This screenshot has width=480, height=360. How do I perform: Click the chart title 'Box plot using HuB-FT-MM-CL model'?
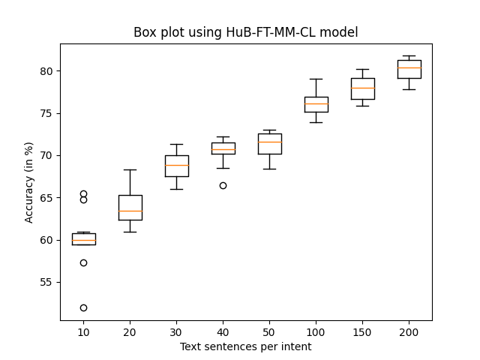click(245, 32)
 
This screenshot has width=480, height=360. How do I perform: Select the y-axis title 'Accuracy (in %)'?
click(30, 182)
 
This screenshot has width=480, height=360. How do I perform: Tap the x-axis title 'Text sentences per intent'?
click(245, 346)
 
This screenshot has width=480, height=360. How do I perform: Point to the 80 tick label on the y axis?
click(46, 71)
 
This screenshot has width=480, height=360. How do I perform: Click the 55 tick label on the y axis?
click(46, 282)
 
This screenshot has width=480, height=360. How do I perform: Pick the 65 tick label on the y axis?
click(46, 198)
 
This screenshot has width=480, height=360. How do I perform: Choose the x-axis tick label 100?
click(316, 331)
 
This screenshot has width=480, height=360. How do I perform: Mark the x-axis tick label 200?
click(409, 331)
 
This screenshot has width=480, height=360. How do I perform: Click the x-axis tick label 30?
click(176, 331)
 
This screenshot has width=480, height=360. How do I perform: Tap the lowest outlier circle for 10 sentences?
click(83, 307)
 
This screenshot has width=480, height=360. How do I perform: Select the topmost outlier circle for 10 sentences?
click(83, 193)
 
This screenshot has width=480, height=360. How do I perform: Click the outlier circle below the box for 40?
click(223, 185)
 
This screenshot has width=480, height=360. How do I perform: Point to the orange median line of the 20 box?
click(130, 211)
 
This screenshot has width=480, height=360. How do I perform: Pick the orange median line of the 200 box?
click(409, 67)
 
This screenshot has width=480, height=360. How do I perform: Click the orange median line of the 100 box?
click(316, 104)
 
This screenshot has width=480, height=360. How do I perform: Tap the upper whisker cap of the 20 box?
click(130, 169)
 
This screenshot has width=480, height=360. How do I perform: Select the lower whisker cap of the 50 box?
click(269, 169)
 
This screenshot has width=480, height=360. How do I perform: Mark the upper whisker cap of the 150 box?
click(362, 69)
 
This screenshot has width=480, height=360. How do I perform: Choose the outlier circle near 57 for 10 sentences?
click(83, 262)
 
